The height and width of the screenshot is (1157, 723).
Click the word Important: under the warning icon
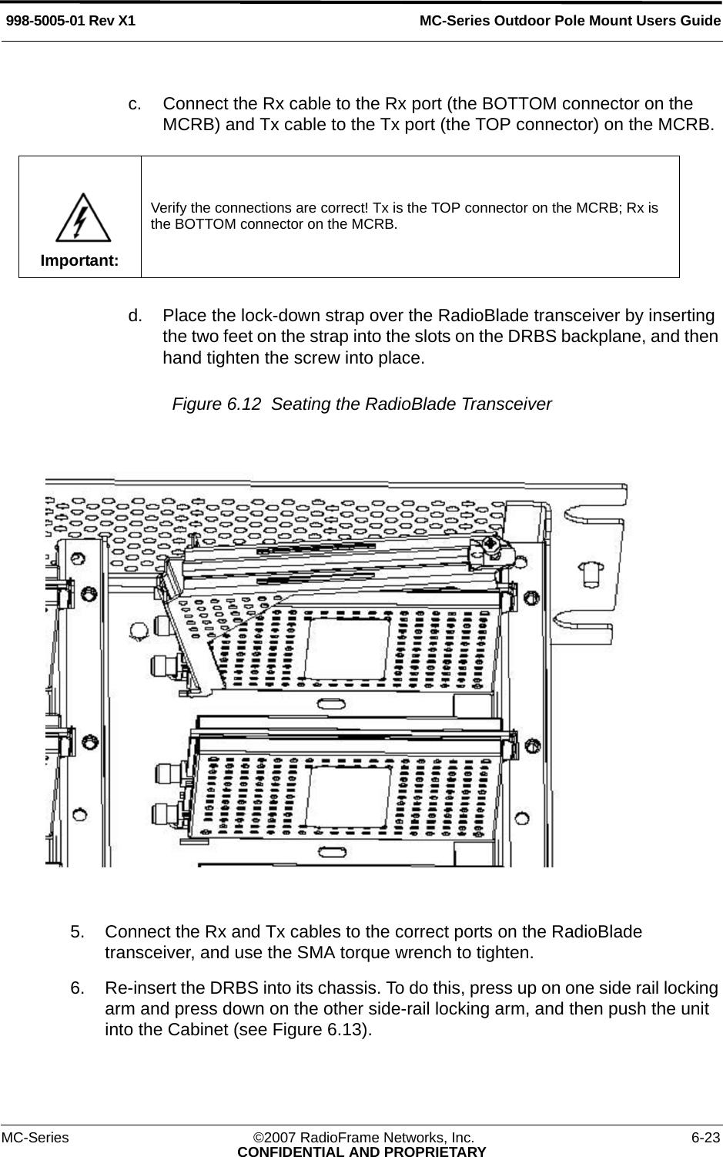pos(80,260)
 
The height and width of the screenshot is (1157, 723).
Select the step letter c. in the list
pos(135,103)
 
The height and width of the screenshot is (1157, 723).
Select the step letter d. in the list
pos(135,316)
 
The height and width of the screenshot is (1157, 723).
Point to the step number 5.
pos(77,931)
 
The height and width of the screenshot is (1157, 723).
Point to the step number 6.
pos(77,988)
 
